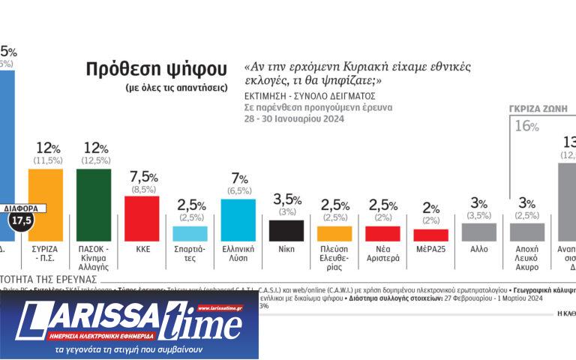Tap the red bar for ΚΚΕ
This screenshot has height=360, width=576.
coord(141,218)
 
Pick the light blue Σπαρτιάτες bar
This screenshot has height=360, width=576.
coord(190,233)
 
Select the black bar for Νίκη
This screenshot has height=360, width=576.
coord(286,230)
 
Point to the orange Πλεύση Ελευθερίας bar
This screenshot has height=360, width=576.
coord(334,233)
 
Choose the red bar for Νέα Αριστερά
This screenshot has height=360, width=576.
coord(382,233)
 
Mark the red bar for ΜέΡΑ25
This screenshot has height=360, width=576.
coord(430,235)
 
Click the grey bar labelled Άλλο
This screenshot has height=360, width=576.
coord(478,232)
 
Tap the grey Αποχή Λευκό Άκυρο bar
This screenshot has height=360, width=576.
coord(526,232)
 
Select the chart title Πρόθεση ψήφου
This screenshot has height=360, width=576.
coord(156,70)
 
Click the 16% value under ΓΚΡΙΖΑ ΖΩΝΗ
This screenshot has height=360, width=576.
coord(526,127)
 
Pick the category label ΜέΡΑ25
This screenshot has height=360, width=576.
coord(430,249)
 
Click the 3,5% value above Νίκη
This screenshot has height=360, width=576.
coord(286,200)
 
